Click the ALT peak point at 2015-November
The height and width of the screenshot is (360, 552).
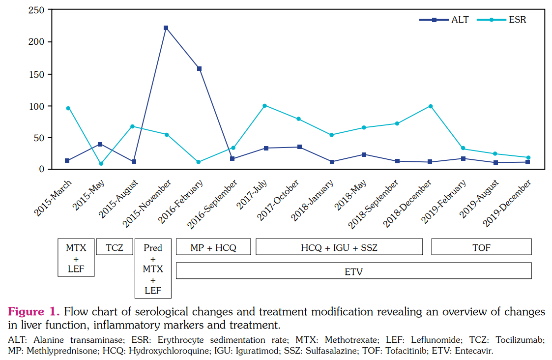pyautogui.click(x=166, y=28)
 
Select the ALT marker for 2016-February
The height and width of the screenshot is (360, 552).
pyautogui.click(x=199, y=69)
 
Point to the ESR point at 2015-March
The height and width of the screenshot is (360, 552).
pyautogui.click(x=68, y=108)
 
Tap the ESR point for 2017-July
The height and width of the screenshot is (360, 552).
pyautogui.click(x=264, y=106)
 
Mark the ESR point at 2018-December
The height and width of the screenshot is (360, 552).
pyautogui.click(x=431, y=106)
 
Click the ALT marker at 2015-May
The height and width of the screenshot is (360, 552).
pyautogui.click(x=100, y=144)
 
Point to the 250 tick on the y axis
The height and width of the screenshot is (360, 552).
pyautogui.click(x=37, y=10)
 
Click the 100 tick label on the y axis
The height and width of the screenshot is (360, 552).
pyautogui.click(x=37, y=106)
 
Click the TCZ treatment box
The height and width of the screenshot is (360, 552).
pyautogui.click(x=115, y=247)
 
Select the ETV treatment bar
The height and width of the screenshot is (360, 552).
pyautogui.click(x=353, y=271)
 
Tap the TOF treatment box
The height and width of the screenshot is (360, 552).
pyautogui.click(x=481, y=247)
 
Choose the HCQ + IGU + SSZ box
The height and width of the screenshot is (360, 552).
pyautogui.click(x=339, y=247)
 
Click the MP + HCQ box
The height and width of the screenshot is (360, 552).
pyautogui.click(x=213, y=247)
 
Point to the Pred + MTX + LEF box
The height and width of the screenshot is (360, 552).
pyautogui.click(x=153, y=269)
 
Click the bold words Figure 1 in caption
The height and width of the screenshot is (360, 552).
pyautogui.click(x=33, y=312)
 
